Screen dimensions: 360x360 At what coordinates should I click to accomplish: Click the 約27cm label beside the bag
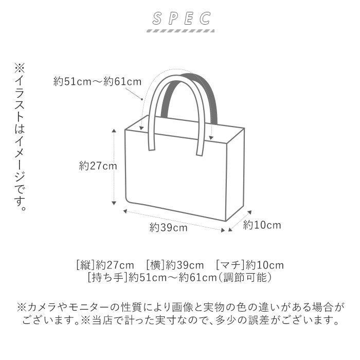(98, 166)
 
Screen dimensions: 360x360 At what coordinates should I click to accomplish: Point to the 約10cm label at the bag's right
(262, 225)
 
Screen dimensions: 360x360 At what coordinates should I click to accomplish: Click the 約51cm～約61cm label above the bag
(97, 81)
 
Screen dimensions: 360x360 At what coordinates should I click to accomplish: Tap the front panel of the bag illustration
(175, 175)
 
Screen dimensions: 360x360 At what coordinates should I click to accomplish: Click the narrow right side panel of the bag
(235, 175)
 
